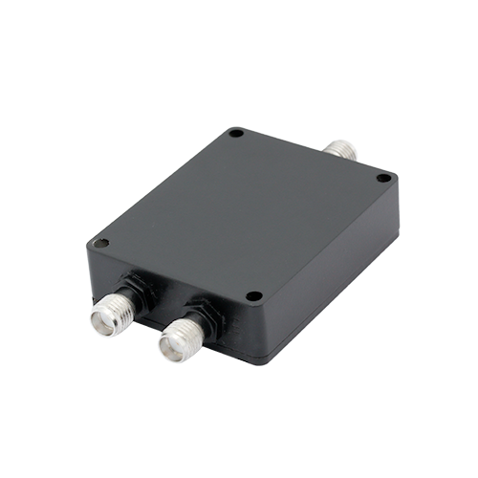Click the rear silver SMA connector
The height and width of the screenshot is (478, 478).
coord(341,147)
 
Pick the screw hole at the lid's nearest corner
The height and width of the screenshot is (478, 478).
coord(253,296)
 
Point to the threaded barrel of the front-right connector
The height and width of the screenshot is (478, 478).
coord(186,330)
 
